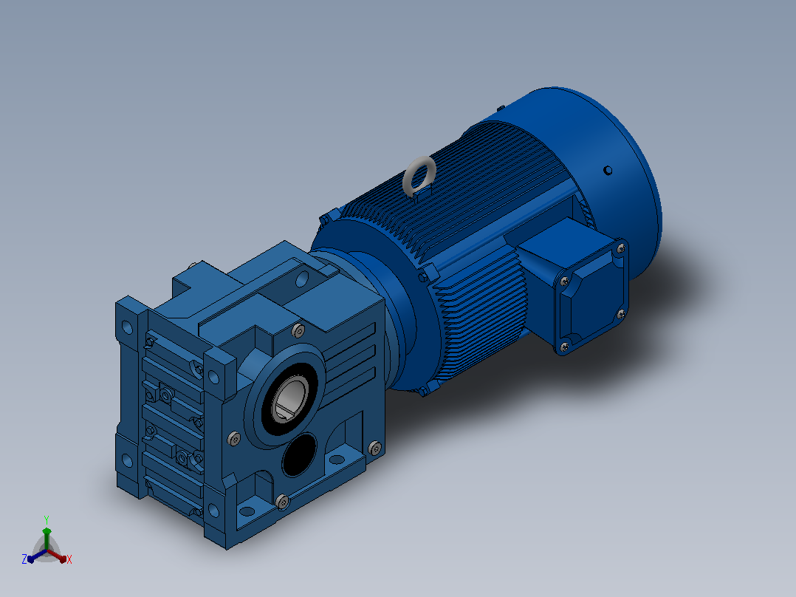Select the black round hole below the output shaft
pos(300,454)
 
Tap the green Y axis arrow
pos(47,539)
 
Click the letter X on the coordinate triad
pos(69,559)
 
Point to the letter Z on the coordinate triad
pos(24,559)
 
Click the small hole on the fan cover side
pos(607,171)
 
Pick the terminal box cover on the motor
pos(591,297)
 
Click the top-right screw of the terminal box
pos(620,248)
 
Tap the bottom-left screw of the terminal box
pos(564,347)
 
